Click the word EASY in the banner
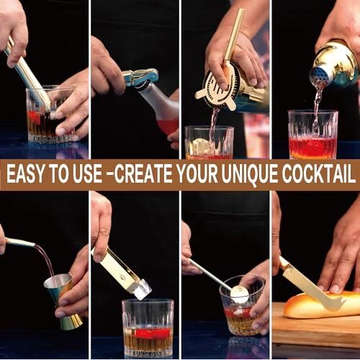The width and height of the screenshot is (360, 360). pyautogui.click(x=25, y=174)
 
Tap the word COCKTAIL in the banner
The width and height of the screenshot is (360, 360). pyautogui.click(x=318, y=174)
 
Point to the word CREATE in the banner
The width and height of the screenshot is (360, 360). pyautogui.click(x=143, y=174)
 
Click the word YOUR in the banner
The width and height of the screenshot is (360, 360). pyautogui.click(x=197, y=174)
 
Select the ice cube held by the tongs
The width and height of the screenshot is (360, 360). pyautogui.click(x=143, y=289)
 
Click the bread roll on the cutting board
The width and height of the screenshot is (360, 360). pyautogui.click(x=322, y=305)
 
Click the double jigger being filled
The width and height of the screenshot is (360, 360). pyautogui.click(x=63, y=301)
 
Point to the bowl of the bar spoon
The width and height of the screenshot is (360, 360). pyautogui.click(x=240, y=294)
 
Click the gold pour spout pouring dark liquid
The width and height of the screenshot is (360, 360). pyautogui.click(x=20, y=243)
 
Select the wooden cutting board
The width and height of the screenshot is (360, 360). pyautogui.click(x=316, y=324)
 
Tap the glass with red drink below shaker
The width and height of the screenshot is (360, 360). pyautogui.click(x=312, y=135)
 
